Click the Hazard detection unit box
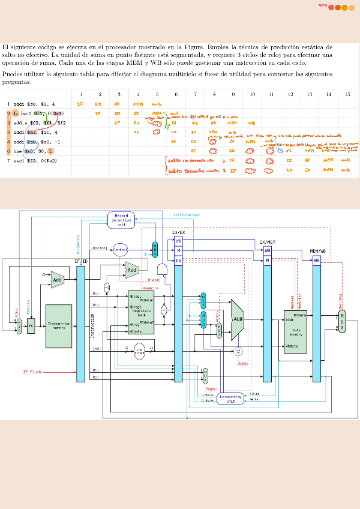[x=121, y=219]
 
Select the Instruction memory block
[x=58, y=325]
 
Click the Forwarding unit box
[x=231, y=399]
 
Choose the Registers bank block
[x=140, y=311]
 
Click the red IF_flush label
[x=31, y=372]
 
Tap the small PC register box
[x=31, y=325]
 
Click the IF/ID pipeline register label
[x=81, y=261]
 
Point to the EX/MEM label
[x=268, y=241]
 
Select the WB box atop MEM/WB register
[x=317, y=261]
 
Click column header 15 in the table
[x=347, y=94]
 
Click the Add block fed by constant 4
[x=58, y=280]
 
